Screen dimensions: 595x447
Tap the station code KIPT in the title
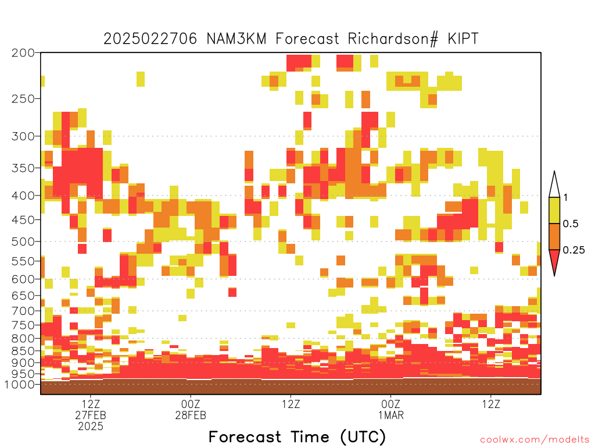463,39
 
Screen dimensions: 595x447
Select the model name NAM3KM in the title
236,39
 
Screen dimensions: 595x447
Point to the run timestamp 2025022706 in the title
150,39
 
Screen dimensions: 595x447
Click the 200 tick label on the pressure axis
23,53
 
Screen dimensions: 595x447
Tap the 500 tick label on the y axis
23,242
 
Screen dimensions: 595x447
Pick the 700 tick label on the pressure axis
23,311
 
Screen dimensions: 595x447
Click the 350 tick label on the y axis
23,168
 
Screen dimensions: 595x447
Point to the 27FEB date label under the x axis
91,415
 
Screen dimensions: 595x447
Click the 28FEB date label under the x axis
191,415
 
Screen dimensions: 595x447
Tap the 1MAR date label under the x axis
391,415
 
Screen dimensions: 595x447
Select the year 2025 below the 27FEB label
91,427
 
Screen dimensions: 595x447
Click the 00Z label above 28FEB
191,404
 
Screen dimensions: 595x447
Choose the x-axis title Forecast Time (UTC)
297,437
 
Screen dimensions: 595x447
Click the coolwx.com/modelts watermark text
535,440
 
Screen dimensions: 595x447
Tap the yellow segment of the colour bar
554,210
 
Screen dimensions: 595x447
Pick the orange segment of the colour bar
554,236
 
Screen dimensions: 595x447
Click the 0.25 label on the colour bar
574,250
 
